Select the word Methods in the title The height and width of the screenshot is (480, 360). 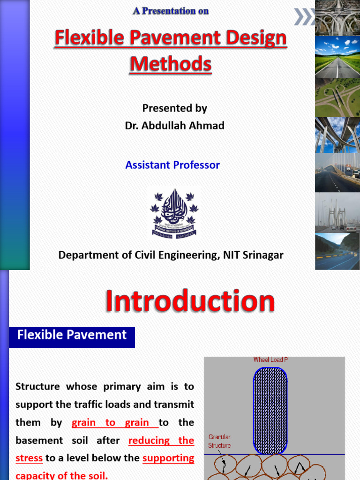pyautogui.click(x=171, y=63)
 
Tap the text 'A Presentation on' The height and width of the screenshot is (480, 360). pyautogui.click(x=171, y=11)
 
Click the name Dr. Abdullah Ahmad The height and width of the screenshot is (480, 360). pyautogui.click(x=174, y=126)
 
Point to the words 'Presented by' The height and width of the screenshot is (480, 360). pyautogui.click(x=174, y=108)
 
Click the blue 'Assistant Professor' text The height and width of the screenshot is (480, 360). pyautogui.click(x=172, y=165)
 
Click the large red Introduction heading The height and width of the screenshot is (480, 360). pyautogui.click(x=189, y=301)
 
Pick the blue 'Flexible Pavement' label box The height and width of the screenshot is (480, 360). pyautogui.click(x=72, y=335)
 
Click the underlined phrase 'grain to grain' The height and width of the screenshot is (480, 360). pyautogui.click(x=114, y=422)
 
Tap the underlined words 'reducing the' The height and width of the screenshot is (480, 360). pyautogui.click(x=161, y=440)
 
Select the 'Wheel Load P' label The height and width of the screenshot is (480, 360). pyautogui.click(x=270, y=360)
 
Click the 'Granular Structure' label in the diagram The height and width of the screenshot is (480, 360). pyautogui.click(x=219, y=441)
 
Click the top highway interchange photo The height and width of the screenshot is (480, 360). pyautogui.click(x=337, y=17)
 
